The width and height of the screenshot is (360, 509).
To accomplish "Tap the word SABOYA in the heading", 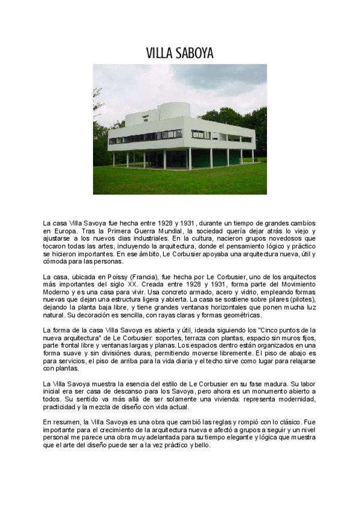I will click(193, 54).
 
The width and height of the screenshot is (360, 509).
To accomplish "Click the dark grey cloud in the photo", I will click(234, 75).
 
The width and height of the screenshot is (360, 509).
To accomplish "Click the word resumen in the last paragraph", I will click(65, 423).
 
